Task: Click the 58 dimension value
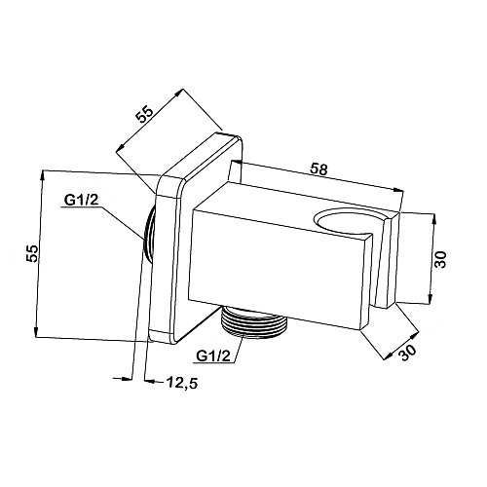tap(319, 169)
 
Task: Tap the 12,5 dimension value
tap(182, 383)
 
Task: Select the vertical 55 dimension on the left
tap(32, 253)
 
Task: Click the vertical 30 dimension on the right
tap(441, 259)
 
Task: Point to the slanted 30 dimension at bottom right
tap(407, 352)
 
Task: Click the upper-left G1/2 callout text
tap(81, 201)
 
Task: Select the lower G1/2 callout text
tap(213, 356)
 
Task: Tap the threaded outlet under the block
tap(254, 322)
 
